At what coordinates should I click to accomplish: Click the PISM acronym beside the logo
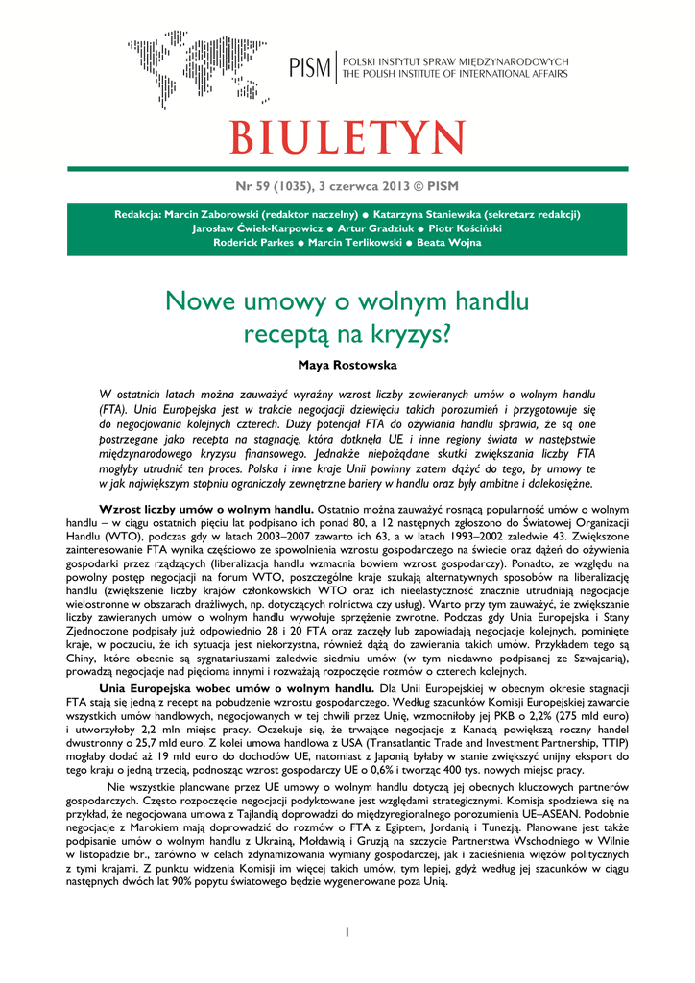[x=309, y=68]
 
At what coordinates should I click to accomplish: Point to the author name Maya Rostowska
[x=347, y=365]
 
